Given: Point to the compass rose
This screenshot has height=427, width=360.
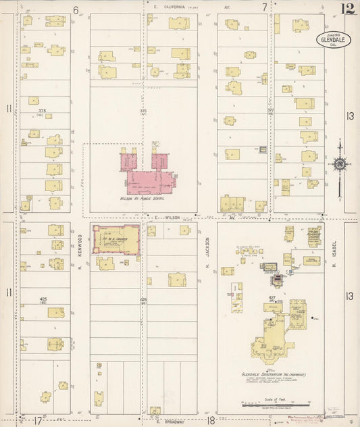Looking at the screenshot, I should coord(339,164).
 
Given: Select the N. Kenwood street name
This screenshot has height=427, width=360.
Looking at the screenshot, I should coord(80,243).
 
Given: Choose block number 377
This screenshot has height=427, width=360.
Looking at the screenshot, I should coord(270,110).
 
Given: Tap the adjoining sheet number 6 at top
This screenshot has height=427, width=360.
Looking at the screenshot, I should coord(76,9).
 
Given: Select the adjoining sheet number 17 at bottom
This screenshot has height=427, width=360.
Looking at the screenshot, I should coord(38,420).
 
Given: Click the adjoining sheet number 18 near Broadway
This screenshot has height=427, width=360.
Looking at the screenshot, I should coord(211,420).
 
